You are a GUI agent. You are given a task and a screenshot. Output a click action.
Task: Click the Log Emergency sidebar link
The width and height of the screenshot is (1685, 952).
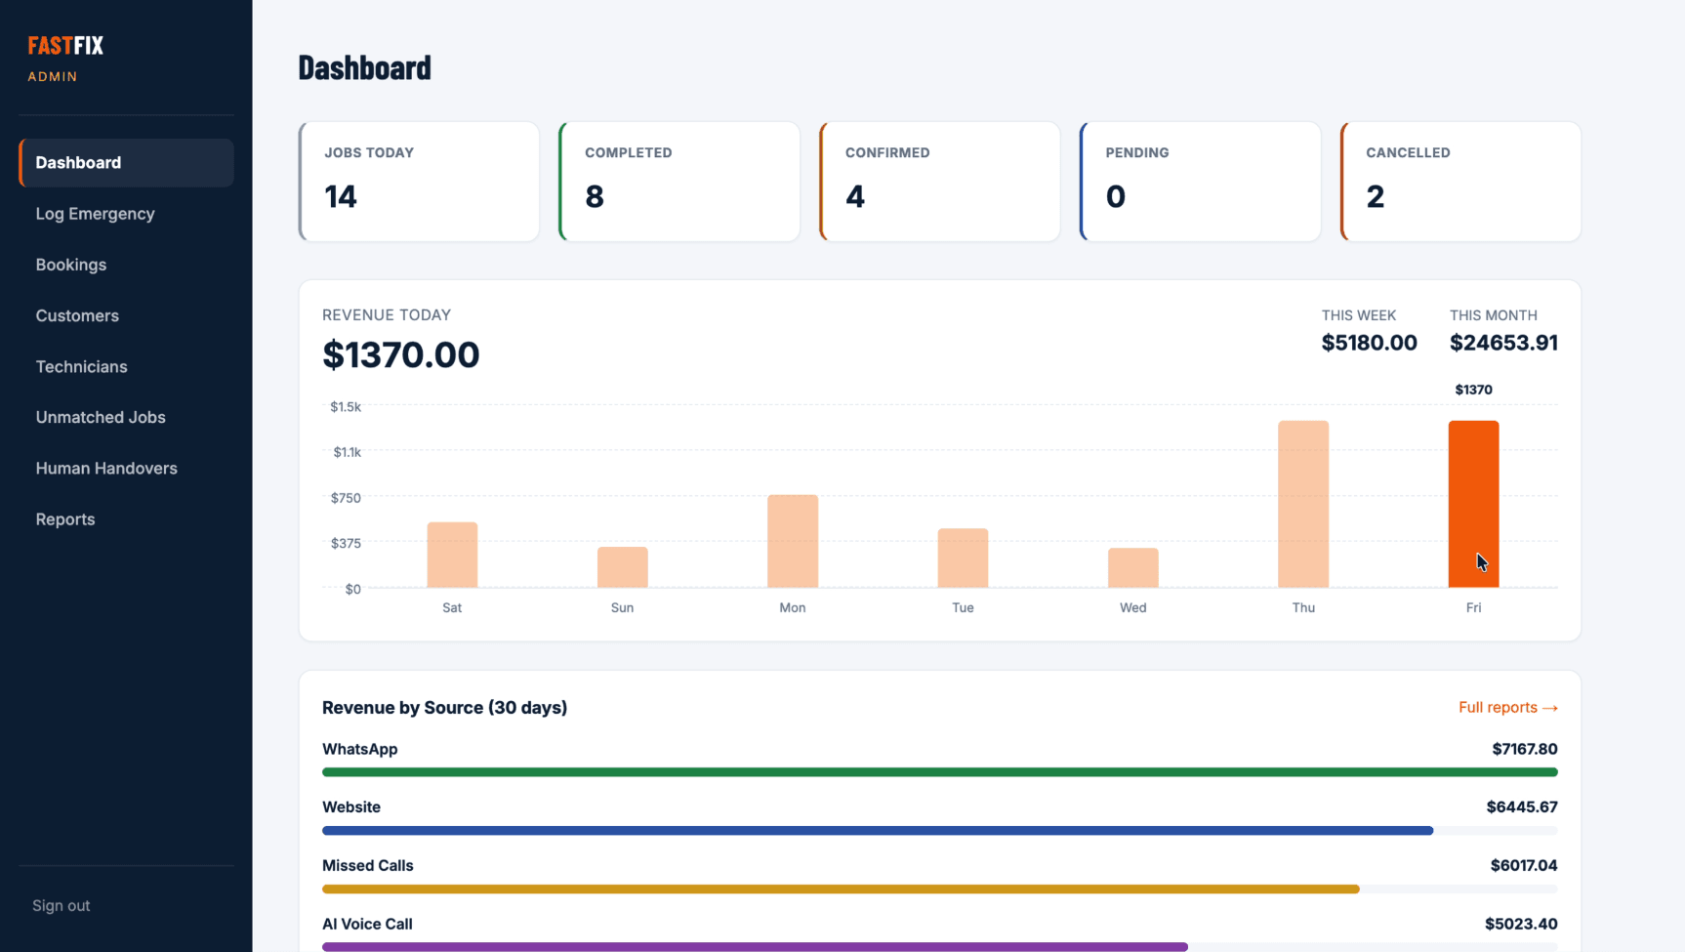pos(95,214)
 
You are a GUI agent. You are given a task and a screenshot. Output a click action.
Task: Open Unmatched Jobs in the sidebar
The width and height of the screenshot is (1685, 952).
pos(101,417)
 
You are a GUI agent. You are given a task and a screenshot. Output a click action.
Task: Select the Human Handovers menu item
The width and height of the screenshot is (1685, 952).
pos(106,468)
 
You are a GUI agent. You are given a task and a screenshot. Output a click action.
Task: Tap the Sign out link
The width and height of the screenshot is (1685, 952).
pos(61,905)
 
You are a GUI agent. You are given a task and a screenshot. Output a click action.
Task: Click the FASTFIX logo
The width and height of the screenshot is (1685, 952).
pos(65,45)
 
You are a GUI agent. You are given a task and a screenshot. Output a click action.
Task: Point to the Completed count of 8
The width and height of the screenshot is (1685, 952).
pos(595,196)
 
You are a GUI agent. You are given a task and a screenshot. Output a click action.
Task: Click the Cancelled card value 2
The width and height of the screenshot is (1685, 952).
pos(1376,196)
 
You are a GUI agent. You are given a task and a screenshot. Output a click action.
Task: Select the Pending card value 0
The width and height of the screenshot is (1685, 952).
pos(1116,196)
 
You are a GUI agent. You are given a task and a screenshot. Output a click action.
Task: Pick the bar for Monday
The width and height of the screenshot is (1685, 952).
pos(793,541)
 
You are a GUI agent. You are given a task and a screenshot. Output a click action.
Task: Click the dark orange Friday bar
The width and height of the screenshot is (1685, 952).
pos(1473,504)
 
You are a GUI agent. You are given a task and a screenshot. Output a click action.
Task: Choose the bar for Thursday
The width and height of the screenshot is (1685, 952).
pos(1303,504)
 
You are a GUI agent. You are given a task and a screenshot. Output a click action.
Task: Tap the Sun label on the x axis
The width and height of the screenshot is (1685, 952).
pos(622,607)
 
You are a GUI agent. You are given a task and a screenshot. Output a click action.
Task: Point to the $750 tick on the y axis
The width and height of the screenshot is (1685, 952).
pos(346,498)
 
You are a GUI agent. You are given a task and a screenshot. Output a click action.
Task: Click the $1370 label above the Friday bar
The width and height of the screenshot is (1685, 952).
pos(1473,390)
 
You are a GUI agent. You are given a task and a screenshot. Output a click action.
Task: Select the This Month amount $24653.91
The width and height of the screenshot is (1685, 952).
pos(1503,343)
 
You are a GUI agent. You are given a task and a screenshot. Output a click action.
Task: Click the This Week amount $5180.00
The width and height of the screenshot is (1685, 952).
pos(1369,343)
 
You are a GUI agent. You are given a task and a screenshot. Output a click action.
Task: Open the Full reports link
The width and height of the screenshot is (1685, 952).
pos(1508,707)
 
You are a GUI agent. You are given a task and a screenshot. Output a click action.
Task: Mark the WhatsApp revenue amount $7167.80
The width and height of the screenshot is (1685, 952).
pos(1525,749)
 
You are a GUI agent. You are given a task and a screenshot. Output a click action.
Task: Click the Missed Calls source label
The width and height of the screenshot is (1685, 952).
pos(368,865)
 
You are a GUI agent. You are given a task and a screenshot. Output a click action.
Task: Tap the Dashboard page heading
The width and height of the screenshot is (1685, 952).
pos(364,67)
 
